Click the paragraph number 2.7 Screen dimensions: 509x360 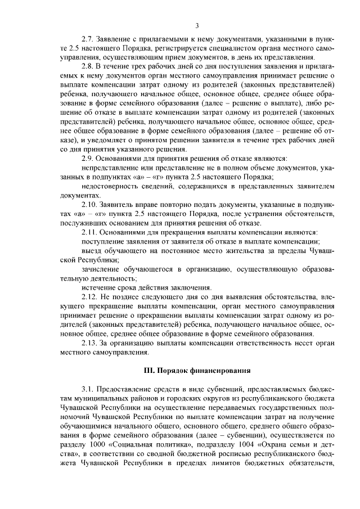click(x=88, y=39)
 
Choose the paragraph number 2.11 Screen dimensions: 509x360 click(x=89, y=232)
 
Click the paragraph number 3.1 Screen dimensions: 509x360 click(x=88, y=389)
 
